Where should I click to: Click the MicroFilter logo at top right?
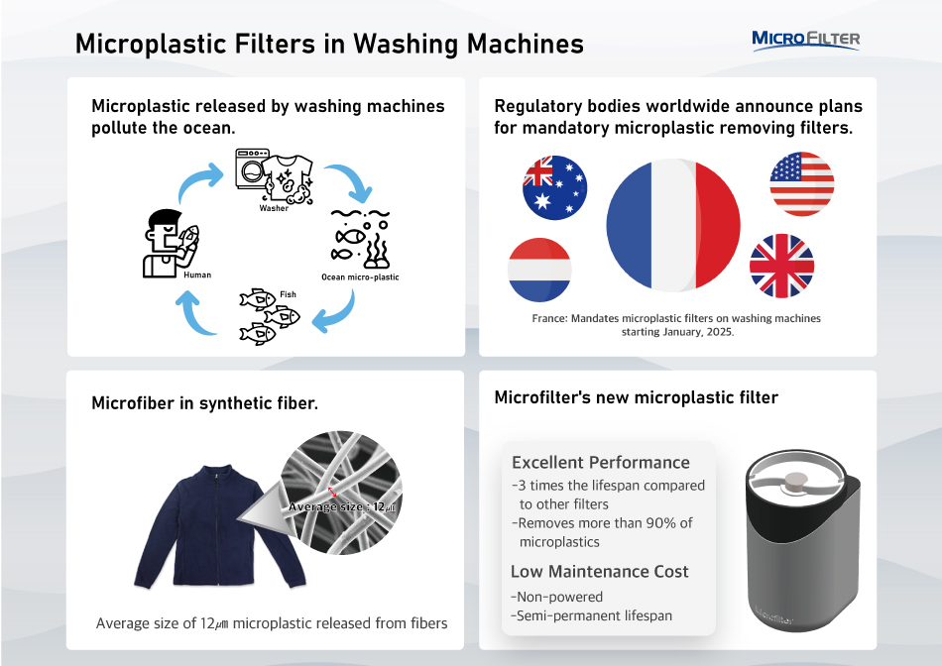pyautogui.click(x=805, y=40)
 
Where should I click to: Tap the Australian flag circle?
pyautogui.click(x=555, y=187)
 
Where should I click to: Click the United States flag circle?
pyautogui.click(x=801, y=184)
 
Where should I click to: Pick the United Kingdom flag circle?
pyautogui.click(x=781, y=267)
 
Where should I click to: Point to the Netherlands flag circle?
pyautogui.click(x=539, y=269)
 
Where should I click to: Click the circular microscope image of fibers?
pyautogui.click(x=342, y=497)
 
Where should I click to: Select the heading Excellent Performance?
pyautogui.click(x=600, y=463)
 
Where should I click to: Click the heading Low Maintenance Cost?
pyautogui.click(x=599, y=571)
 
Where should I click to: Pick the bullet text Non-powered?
pyautogui.click(x=557, y=597)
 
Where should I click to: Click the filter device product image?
pyautogui.click(x=801, y=541)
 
